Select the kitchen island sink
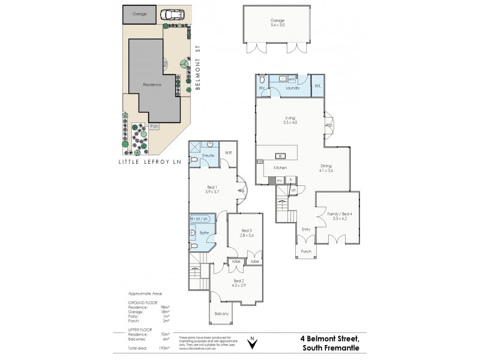(280, 155)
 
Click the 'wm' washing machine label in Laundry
(291, 79)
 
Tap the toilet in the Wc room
(262, 80)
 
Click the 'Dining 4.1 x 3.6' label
(326, 168)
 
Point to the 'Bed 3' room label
(246, 233)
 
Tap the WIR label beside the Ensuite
(228, 153)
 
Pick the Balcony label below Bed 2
(220, 313)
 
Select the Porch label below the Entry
(305, 251)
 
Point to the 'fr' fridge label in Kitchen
(290, 179)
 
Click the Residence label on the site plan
(152, 85)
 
